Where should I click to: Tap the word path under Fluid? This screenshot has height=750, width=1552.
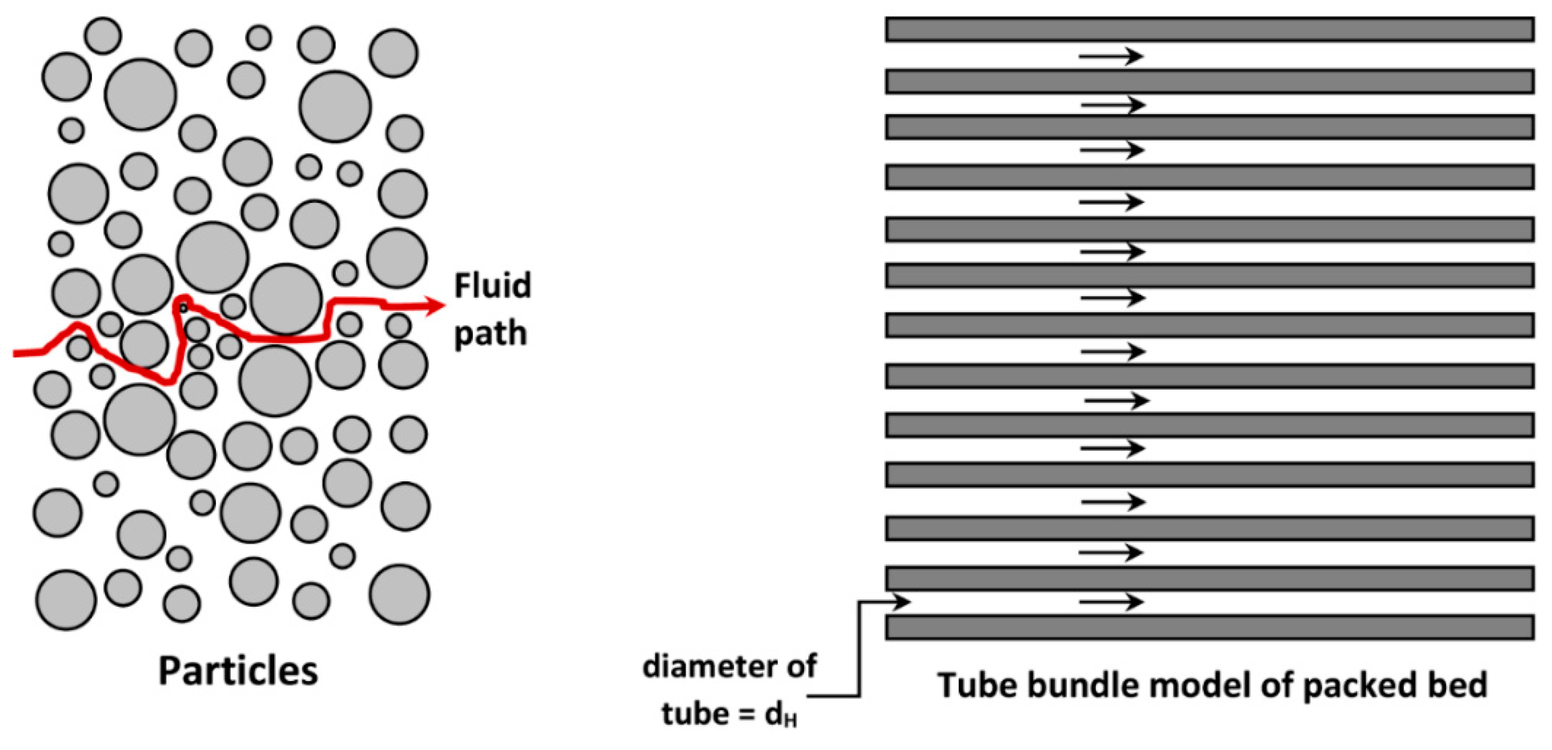[x=491, y=334]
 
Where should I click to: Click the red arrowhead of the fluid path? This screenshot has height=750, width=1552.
[x=435, y=305]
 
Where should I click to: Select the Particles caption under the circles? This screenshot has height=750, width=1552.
[x=238, y=670]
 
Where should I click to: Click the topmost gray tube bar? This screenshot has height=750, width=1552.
[x=1209, y=30]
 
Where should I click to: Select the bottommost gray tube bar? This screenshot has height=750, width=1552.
[x=1209, y=627]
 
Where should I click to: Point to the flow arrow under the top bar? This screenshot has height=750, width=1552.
[x=1111, y=57]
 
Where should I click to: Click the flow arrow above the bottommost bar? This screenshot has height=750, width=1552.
[x=1111, y=601]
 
